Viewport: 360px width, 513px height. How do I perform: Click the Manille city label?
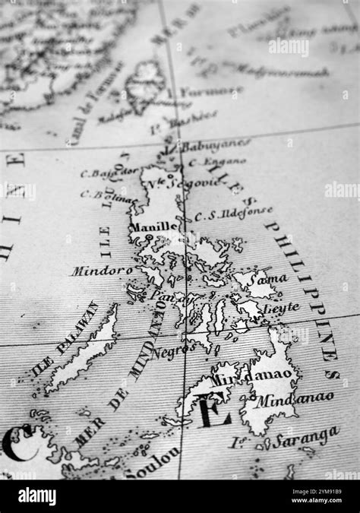tap(153, 226)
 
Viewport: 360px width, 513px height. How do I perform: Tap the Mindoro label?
tap(102, 270)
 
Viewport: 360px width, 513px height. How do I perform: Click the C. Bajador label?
tap(109, 173)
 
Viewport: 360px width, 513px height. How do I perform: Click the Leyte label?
tap(282, 309)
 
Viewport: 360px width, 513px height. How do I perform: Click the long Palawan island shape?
tap(84, 354)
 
